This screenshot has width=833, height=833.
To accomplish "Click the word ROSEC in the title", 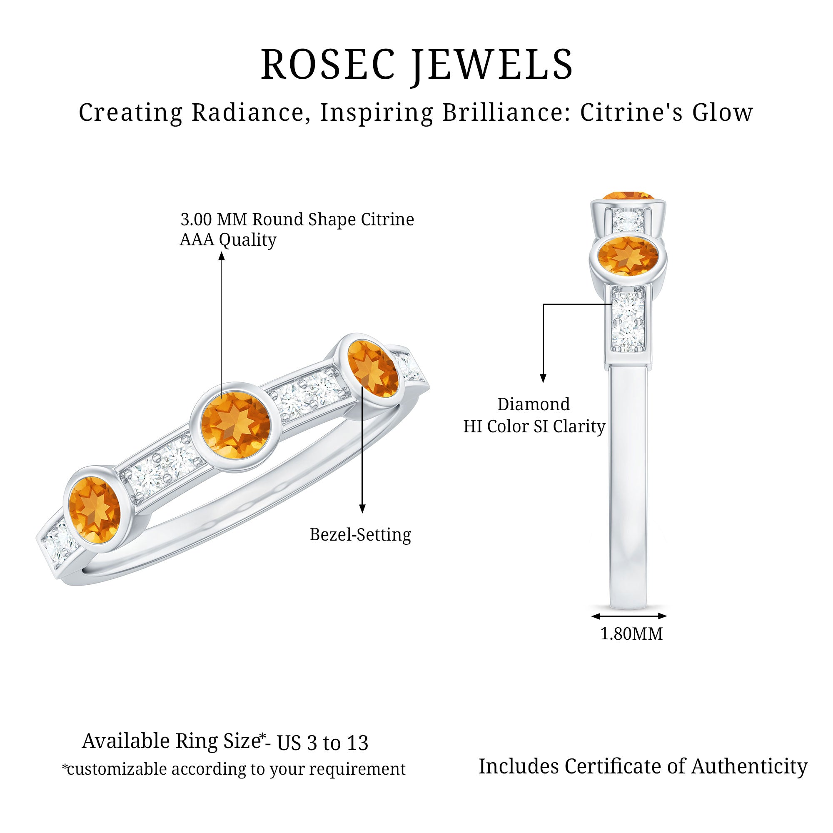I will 328,65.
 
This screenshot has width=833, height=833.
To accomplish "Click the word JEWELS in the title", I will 492,65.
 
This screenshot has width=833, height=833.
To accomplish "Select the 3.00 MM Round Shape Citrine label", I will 297,219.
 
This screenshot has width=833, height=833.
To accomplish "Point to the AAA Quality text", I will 228,240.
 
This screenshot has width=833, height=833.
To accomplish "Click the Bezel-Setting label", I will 360,535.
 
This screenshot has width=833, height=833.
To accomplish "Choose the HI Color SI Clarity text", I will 534,426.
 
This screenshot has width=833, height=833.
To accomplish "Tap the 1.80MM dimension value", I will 632,634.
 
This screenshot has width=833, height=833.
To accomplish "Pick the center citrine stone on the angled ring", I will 235,426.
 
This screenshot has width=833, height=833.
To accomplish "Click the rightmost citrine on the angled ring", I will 372,369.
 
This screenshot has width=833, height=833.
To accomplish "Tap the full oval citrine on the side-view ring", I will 628,256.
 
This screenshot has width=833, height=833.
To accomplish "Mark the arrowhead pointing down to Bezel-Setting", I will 362,509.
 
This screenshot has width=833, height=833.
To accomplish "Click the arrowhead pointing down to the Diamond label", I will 543,378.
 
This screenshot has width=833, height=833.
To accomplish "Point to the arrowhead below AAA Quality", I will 222,256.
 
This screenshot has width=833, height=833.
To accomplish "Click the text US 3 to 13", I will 322,743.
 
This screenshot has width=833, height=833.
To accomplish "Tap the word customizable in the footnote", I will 117,769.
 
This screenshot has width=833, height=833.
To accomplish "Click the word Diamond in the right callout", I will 534,404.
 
